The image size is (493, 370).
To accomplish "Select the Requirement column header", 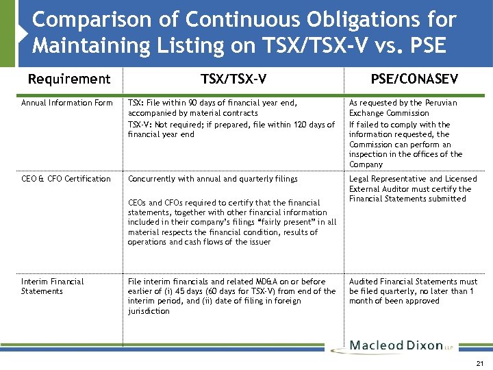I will pyautogui.click(x=68, y=79).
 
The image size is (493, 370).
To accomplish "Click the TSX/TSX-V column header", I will pyautogui.click(x=233, y=79).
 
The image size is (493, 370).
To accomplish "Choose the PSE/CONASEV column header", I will pyautogui.click(x=414, y=79).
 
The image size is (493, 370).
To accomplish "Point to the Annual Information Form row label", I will pyautogui.click(x=66, y=103).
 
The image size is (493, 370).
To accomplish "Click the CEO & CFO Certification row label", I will pyautogui.click(x=66, y=179).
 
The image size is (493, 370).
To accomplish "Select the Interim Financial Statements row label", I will pyautogui.click(x=52, y=286).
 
